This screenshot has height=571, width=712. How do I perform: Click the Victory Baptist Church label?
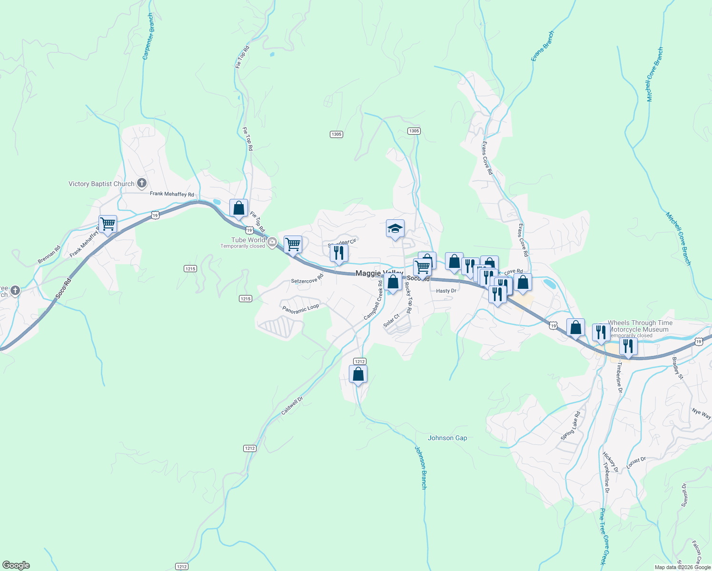[x=101, y=184]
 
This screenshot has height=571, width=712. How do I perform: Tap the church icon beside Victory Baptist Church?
[x=141, y=183]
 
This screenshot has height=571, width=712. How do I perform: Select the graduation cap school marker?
[x=395, y=229]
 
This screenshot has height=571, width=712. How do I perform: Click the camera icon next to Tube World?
[x=272, y=242]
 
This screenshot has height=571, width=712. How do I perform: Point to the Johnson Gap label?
[x=447, y=438]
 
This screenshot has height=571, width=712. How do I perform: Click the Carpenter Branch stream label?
[x=148, y=37]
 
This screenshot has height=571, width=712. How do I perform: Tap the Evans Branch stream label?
[x=543, y=46]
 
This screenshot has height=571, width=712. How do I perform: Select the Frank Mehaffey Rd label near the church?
[x=172, y=194]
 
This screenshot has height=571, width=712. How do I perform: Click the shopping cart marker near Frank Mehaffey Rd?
[x=108, y=224]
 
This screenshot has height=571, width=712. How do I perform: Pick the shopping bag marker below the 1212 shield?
[x=358, y=374]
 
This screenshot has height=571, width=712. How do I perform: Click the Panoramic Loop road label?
[x=300, y=309]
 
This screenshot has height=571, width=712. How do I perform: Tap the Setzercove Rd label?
[x=307, y=280]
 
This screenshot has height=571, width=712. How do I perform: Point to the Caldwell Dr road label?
[x=292, y=406]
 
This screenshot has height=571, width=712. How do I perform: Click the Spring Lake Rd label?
[x=570, y=425]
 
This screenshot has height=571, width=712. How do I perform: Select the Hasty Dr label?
[x=446, y=291]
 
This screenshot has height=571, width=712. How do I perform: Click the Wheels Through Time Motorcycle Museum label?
[x=640, y=326]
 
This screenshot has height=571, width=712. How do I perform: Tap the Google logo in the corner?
[x=16, y=565]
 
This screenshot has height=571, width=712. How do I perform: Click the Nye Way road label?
[x=701, y=413]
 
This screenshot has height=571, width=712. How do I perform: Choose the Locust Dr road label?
[x=636, y=463]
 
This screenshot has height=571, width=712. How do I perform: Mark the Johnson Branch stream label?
[x=421, y=468]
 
